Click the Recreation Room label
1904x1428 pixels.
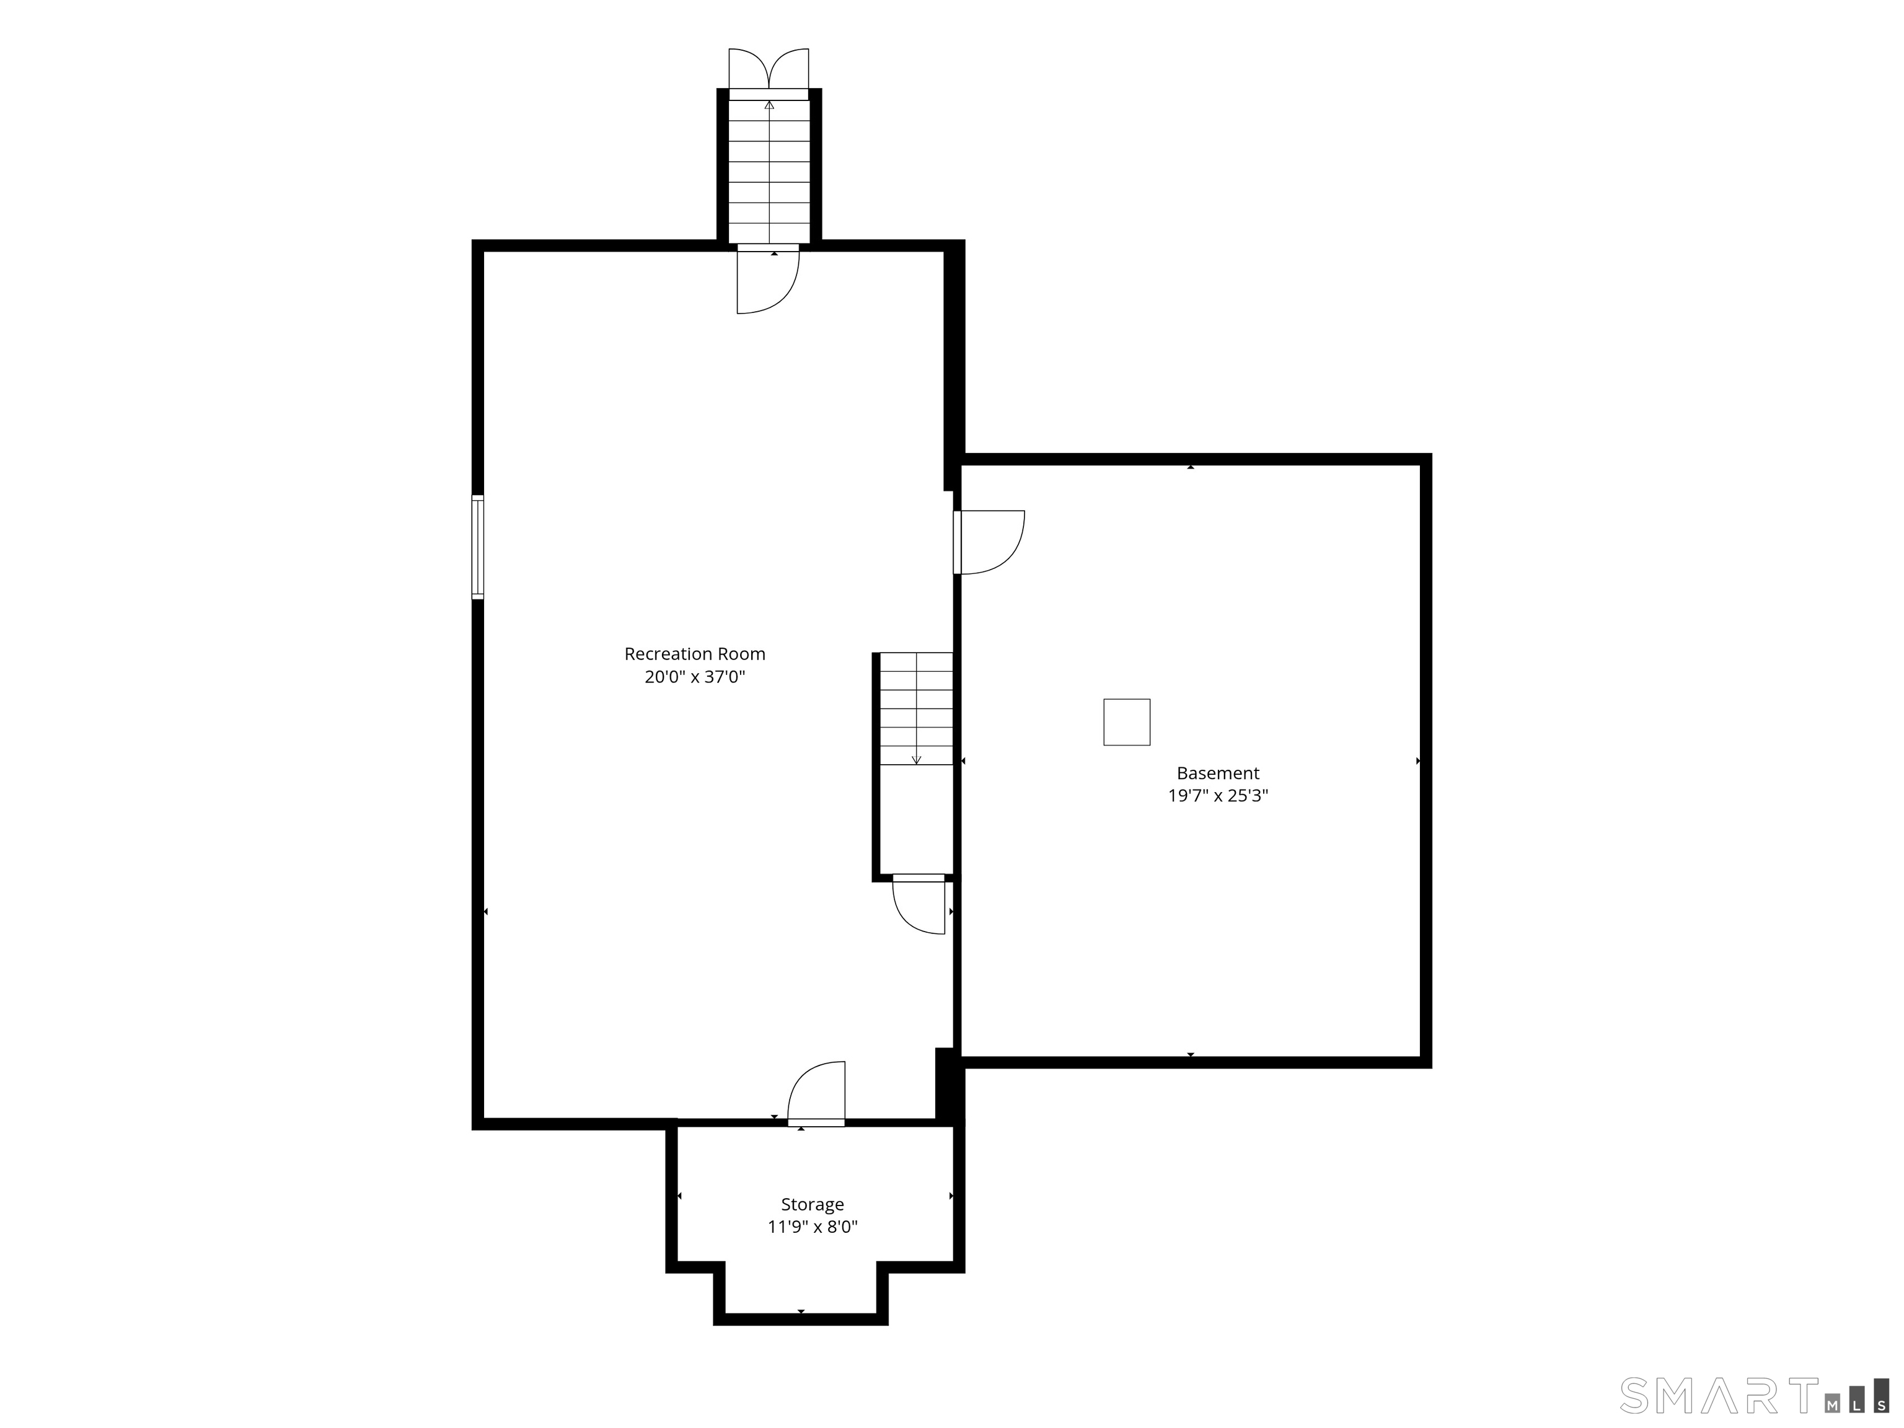[695, 654]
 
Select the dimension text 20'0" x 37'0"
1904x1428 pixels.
[695, 677]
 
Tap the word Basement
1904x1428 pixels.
[1218, 773]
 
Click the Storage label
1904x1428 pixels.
[813, 1204]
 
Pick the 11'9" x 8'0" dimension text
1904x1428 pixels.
[813, 1227]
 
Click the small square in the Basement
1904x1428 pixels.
[1127, 721]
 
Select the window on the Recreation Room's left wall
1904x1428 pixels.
[478, 547]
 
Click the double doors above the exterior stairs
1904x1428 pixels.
[769, 69]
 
